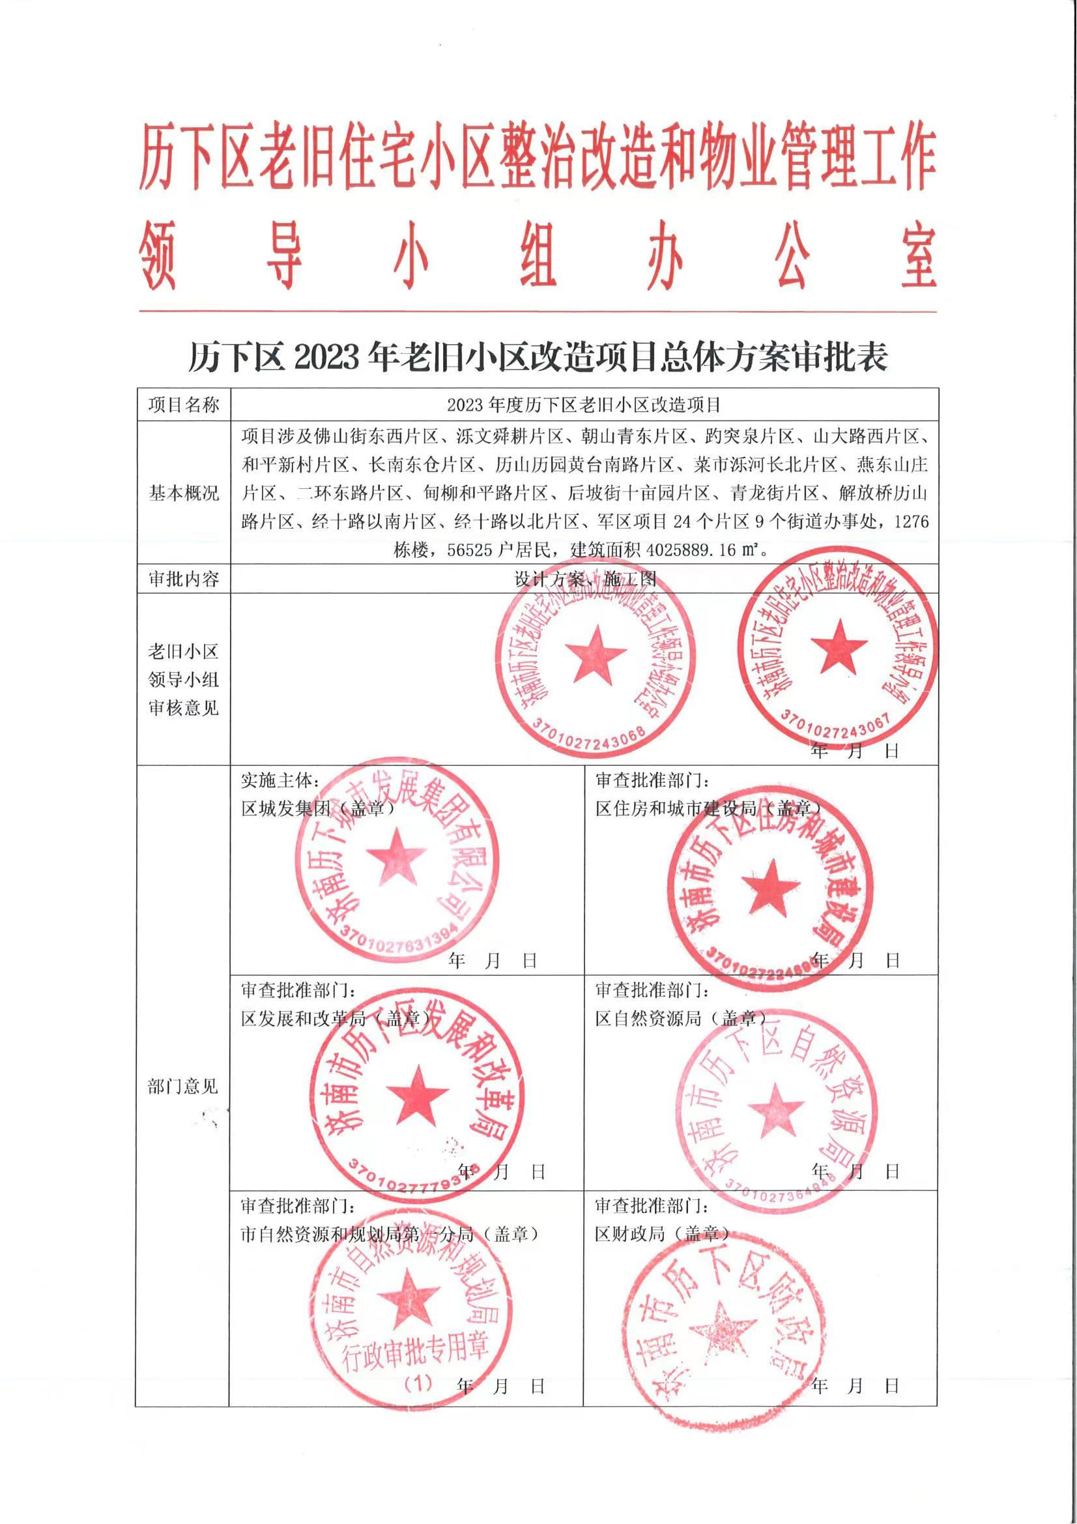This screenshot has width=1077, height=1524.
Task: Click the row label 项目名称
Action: [x=183, y=405]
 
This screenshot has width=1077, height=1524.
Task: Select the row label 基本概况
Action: [x=183, y=493]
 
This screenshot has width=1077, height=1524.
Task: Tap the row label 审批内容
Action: [x=183, y=579]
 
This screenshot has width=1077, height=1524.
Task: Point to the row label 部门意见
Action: [x=182, y=1086]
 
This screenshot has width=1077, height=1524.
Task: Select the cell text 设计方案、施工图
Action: [x=584, y=579]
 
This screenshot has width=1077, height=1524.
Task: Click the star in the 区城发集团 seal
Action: [x=396, y=857]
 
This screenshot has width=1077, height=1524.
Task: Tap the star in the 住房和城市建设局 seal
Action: [x=771, y=887]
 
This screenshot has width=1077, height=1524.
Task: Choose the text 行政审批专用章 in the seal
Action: [x=416, y=1351]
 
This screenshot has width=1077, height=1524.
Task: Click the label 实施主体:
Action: [x=280, y=781]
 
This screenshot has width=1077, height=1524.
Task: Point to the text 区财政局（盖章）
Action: [x=662, y=1234]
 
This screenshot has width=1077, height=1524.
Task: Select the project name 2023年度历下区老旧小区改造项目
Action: [x=584, y=405]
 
